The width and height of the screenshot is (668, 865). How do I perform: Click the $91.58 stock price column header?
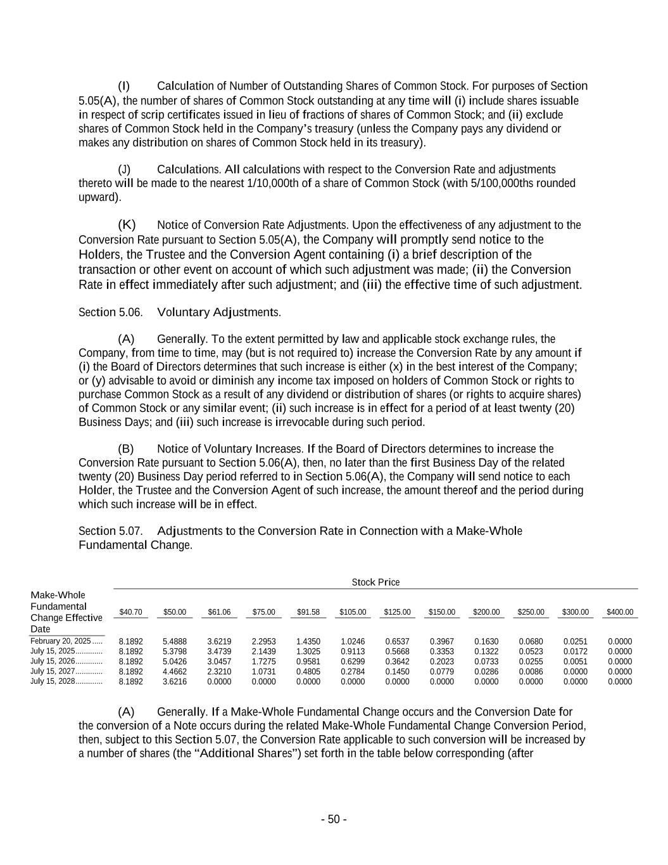(x=308, y=612)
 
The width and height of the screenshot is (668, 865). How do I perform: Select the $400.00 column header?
(x=619, y=612)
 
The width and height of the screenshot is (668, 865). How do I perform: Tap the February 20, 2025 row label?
(x=61, y=641)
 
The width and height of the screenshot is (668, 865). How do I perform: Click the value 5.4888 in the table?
(x=175, y=641)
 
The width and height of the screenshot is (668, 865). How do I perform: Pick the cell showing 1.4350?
(x=308, y=641)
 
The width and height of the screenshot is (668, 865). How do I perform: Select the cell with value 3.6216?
(x=175, y=682)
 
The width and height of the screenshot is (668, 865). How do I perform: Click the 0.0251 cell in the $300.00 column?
(x=575, y=641)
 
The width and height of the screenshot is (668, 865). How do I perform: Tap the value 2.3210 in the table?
(x=219, y=672)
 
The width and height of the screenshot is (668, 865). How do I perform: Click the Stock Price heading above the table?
(x=375, y=582)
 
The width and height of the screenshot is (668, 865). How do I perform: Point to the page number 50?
(x=334, y=819)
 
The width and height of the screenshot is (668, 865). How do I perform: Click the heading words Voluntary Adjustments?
(x=218, y=312)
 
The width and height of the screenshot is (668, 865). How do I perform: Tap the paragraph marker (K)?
(x=127, y=225)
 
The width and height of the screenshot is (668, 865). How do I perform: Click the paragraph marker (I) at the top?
(x=123, y=86)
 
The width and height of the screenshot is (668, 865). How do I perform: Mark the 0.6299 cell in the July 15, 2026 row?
(x=353, y=662)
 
